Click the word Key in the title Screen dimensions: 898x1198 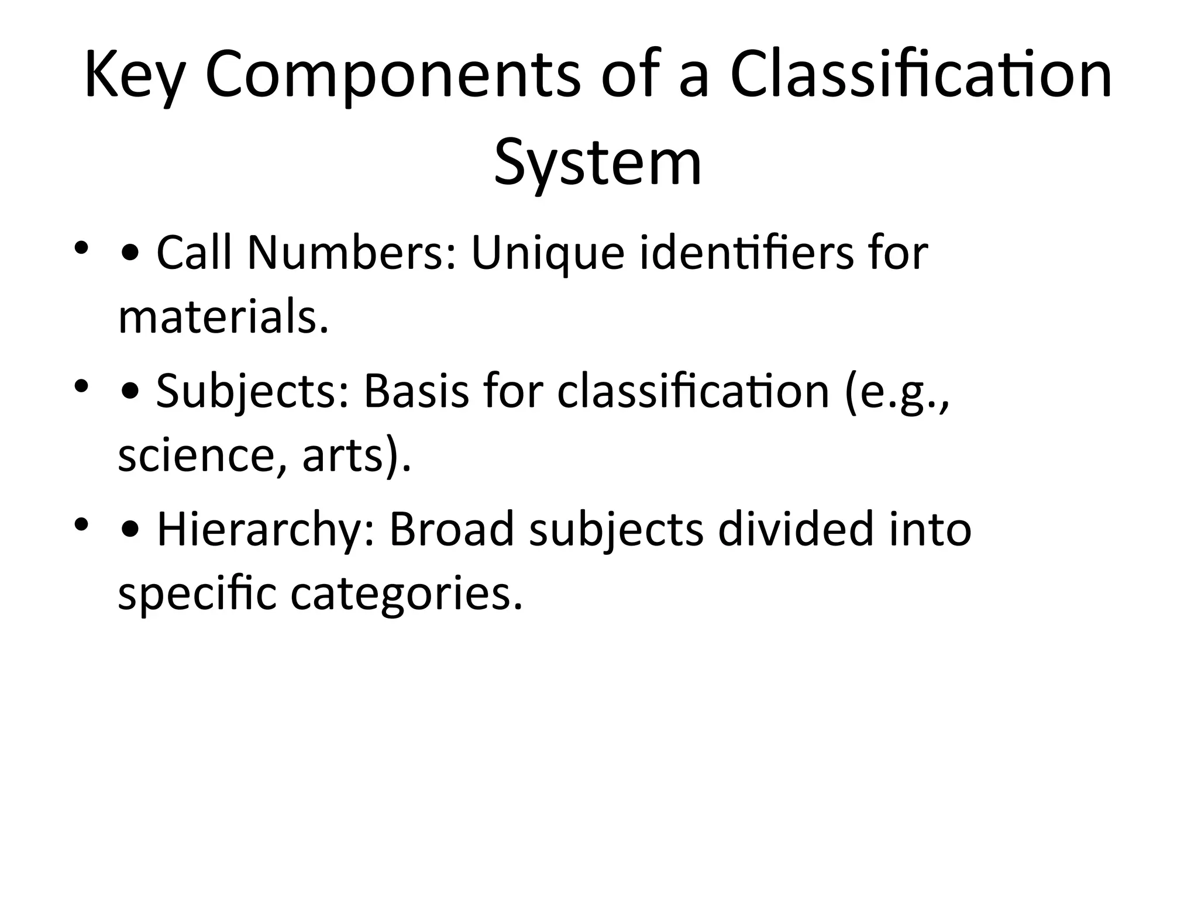coord(134,77)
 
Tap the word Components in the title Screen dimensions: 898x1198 coord(393,77)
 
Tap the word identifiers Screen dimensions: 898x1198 coord(746,253)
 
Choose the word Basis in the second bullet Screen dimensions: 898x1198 coord(416,391)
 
